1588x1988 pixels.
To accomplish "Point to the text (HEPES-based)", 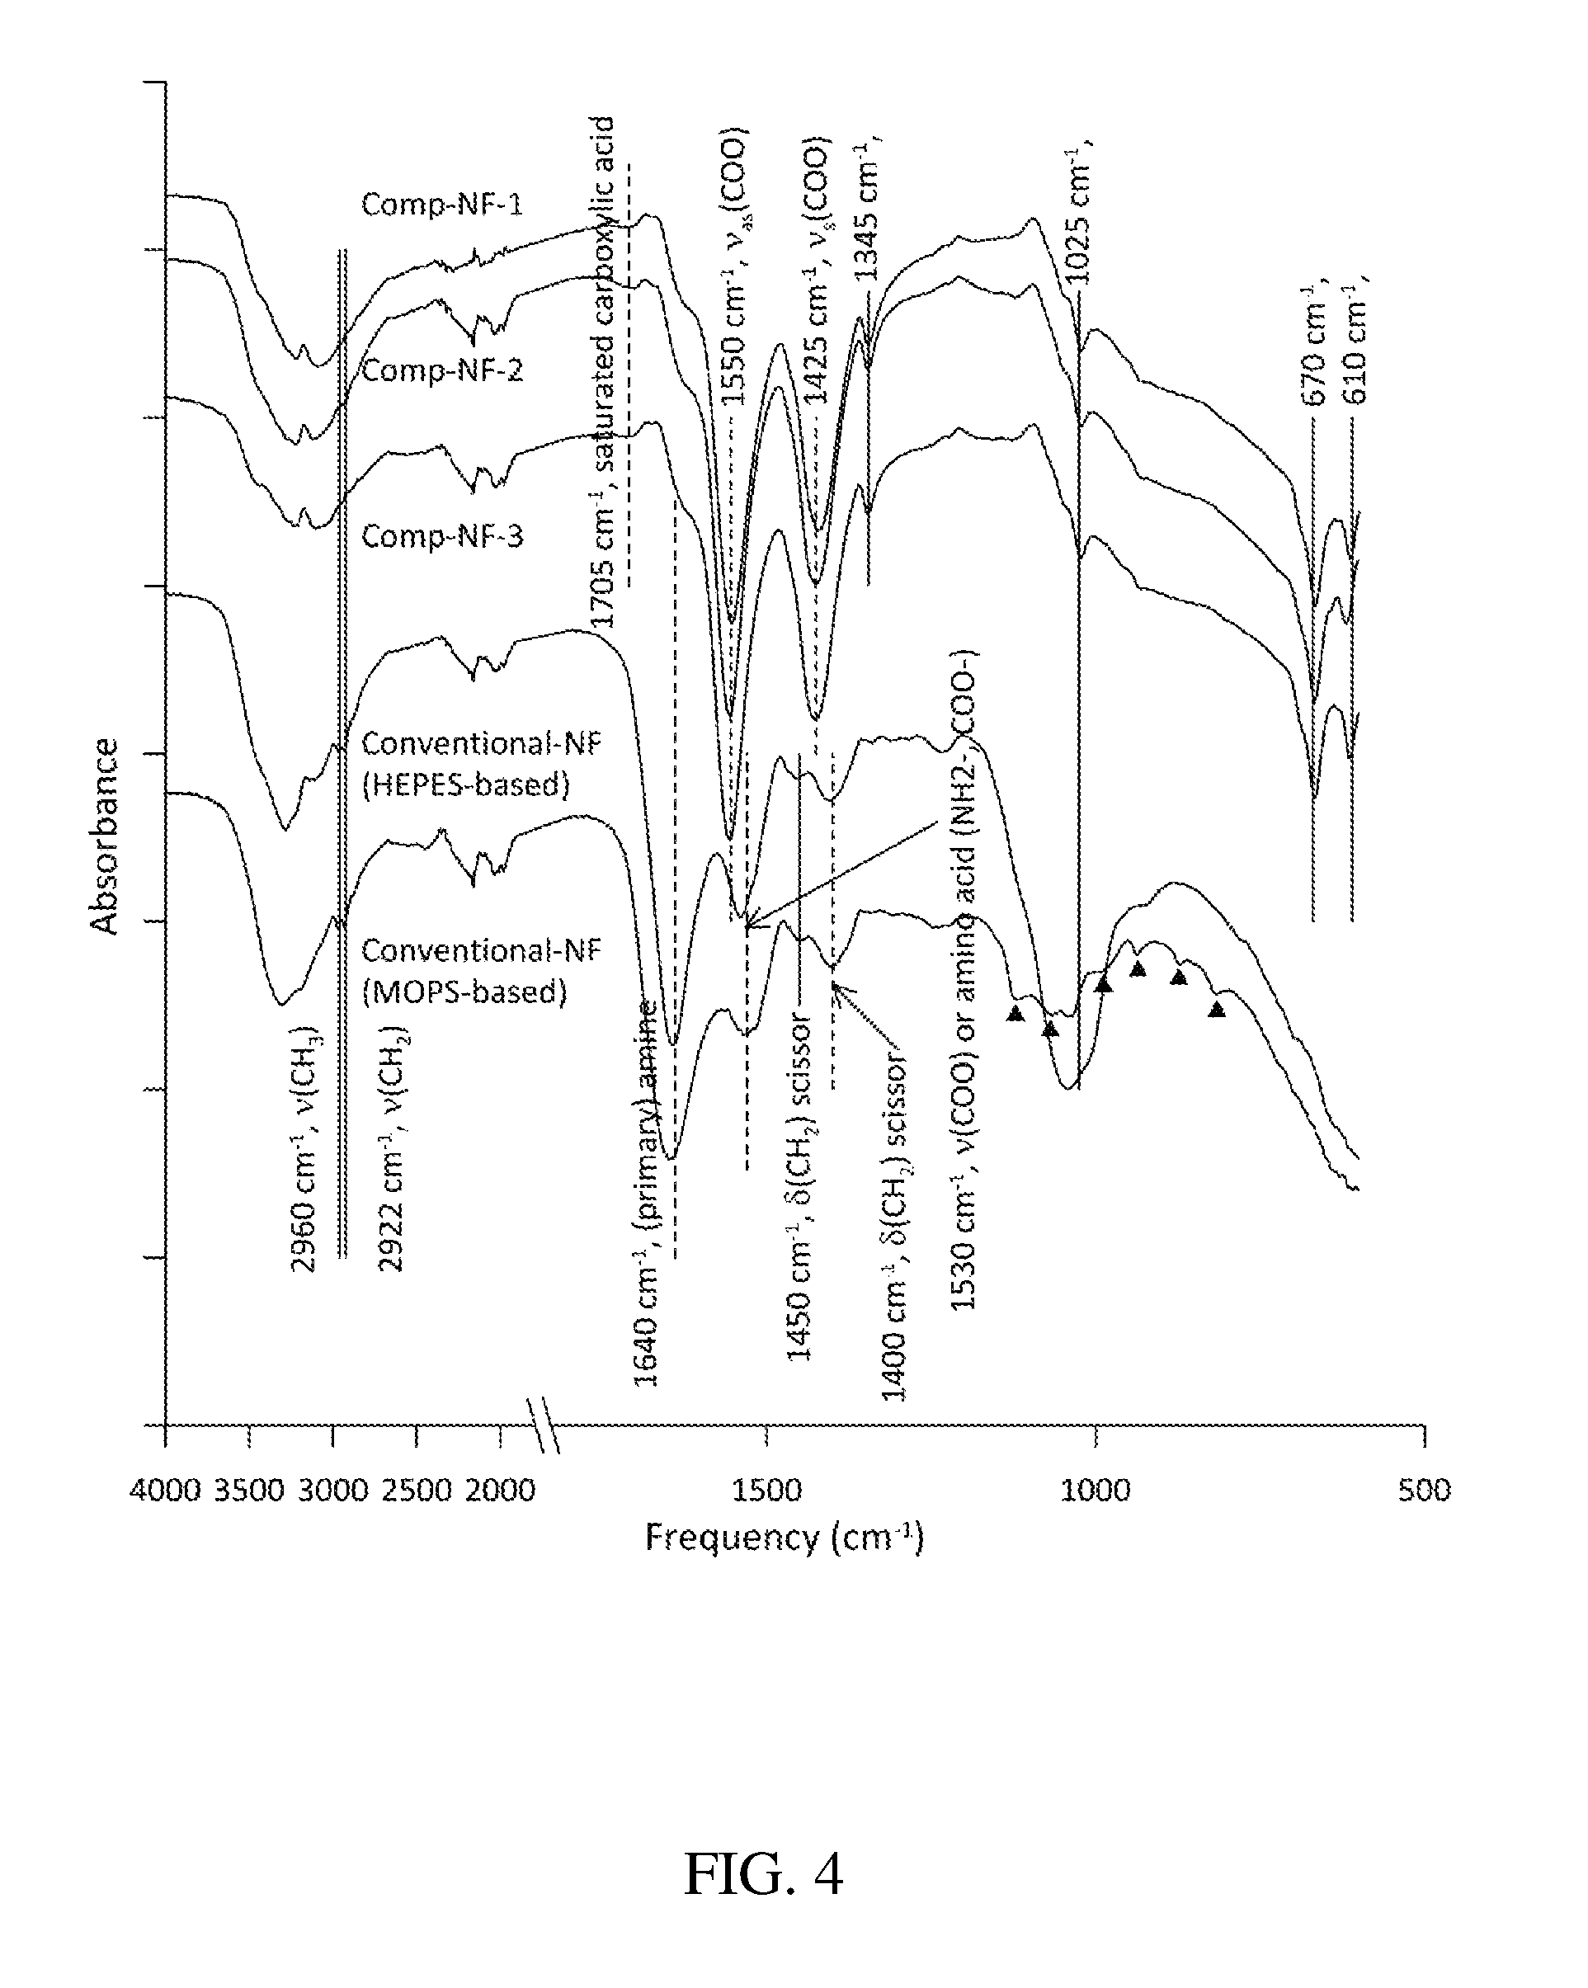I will point(466,784).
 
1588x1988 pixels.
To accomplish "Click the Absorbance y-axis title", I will point(105,836).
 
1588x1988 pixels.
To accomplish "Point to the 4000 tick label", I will point(165,1490).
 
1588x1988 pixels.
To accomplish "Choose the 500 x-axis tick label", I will point(1424,1490).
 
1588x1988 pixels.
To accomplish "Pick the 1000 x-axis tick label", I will point(1095,1490).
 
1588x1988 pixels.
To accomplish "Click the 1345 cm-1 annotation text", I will point(866,211).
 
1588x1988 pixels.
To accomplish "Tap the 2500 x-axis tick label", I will point(416,1490).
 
